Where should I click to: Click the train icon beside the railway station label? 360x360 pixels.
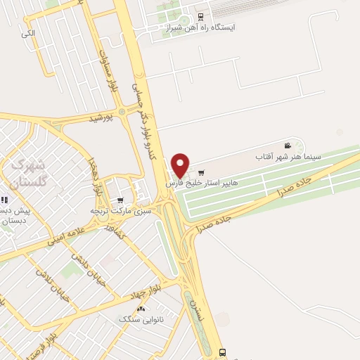(x=201, y=17)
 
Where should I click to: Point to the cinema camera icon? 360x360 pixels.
(x=287, y=144)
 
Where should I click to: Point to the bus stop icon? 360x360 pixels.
(x=223, y=352)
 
